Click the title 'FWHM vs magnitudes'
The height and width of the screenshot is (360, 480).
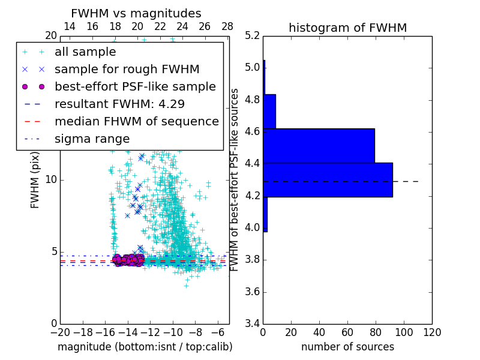click(x=136, y=13)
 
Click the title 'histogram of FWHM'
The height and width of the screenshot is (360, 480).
click(x=347, y=28)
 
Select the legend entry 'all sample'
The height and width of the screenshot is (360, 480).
click(x=85, y=52)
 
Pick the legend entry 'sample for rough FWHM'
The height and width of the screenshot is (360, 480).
click(x=127, y=69)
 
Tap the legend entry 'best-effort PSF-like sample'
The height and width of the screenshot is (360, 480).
click(x=135, y=86)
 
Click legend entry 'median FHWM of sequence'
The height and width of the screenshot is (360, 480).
click(x=136, y=121)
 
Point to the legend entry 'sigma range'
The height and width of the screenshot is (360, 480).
click(x=92, y=139)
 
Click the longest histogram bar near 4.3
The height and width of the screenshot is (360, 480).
click(x=328, y=179)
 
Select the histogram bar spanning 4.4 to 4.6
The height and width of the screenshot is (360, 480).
click(x=319, y=146)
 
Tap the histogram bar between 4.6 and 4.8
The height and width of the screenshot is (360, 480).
click(x=269, y=111)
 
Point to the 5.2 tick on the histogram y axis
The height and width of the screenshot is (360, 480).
click(x=253, y=35)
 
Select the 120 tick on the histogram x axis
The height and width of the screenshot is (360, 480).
click(x=432, y=331)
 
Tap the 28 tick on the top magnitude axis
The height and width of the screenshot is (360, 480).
click(x=227, y=26)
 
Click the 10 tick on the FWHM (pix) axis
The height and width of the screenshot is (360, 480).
click(x=51, y=180)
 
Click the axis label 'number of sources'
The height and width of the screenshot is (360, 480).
click(x=347, y=347)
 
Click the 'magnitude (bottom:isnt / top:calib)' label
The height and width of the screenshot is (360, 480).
click(x=145, y=347)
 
